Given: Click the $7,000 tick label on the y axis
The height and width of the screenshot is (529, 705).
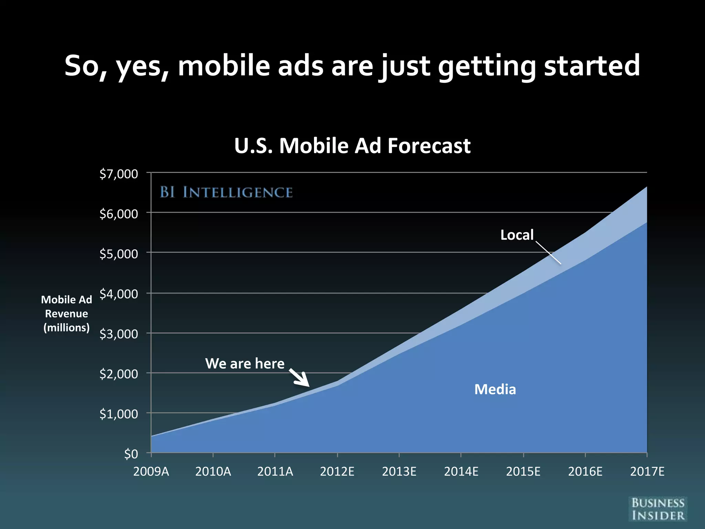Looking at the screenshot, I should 118,174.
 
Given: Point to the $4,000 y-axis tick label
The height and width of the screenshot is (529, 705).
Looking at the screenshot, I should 118,294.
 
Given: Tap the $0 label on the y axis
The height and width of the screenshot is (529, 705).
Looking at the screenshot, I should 131,454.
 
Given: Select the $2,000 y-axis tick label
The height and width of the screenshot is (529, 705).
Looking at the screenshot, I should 118,374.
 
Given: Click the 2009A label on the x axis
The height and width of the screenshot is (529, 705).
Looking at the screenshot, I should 151,471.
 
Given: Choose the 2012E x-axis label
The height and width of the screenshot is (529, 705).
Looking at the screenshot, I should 337,471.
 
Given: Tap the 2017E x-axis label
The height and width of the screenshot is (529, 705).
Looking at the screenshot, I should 647,471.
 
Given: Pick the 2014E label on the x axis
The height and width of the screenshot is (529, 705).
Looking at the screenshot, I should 461,471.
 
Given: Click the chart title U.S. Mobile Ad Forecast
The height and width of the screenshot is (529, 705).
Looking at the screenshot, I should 352,146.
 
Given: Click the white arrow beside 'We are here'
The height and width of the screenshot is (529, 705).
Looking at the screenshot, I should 299,378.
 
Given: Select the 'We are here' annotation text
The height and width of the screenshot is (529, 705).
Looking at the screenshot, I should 245,364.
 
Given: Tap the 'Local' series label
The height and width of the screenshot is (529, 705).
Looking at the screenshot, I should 517,235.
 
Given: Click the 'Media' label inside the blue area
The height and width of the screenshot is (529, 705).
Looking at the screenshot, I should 495,390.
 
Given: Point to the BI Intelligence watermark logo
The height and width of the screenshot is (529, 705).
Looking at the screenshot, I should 226,192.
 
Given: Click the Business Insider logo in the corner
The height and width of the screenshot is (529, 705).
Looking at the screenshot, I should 657,509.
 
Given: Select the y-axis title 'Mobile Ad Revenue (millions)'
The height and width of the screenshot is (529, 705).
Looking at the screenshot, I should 66,313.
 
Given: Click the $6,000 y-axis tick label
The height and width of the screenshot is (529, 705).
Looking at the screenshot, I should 118,214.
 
